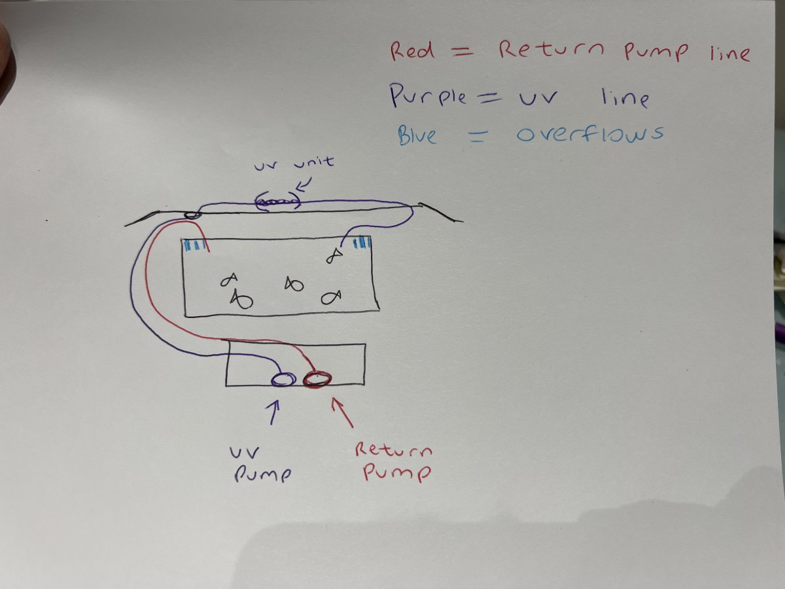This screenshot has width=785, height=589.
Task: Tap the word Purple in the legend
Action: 428,95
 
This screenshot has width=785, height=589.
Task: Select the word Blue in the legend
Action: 417,136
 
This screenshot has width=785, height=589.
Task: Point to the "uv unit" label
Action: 294,163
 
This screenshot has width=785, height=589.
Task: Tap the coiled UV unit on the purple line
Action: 278,203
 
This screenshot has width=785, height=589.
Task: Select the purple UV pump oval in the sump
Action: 284,380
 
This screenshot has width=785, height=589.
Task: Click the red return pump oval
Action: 317,379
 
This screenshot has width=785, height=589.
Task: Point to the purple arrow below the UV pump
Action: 273,412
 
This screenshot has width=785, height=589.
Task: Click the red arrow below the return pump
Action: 342,412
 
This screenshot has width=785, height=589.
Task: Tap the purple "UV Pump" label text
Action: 261,465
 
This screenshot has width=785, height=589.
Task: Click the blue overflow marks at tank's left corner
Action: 194,245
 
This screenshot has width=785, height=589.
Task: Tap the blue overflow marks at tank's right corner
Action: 362,242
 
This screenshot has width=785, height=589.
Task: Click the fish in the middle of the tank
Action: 294,284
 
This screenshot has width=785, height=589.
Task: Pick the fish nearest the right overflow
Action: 334,255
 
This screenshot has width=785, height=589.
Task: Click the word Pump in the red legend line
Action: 655,52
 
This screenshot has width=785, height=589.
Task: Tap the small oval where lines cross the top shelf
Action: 192,215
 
